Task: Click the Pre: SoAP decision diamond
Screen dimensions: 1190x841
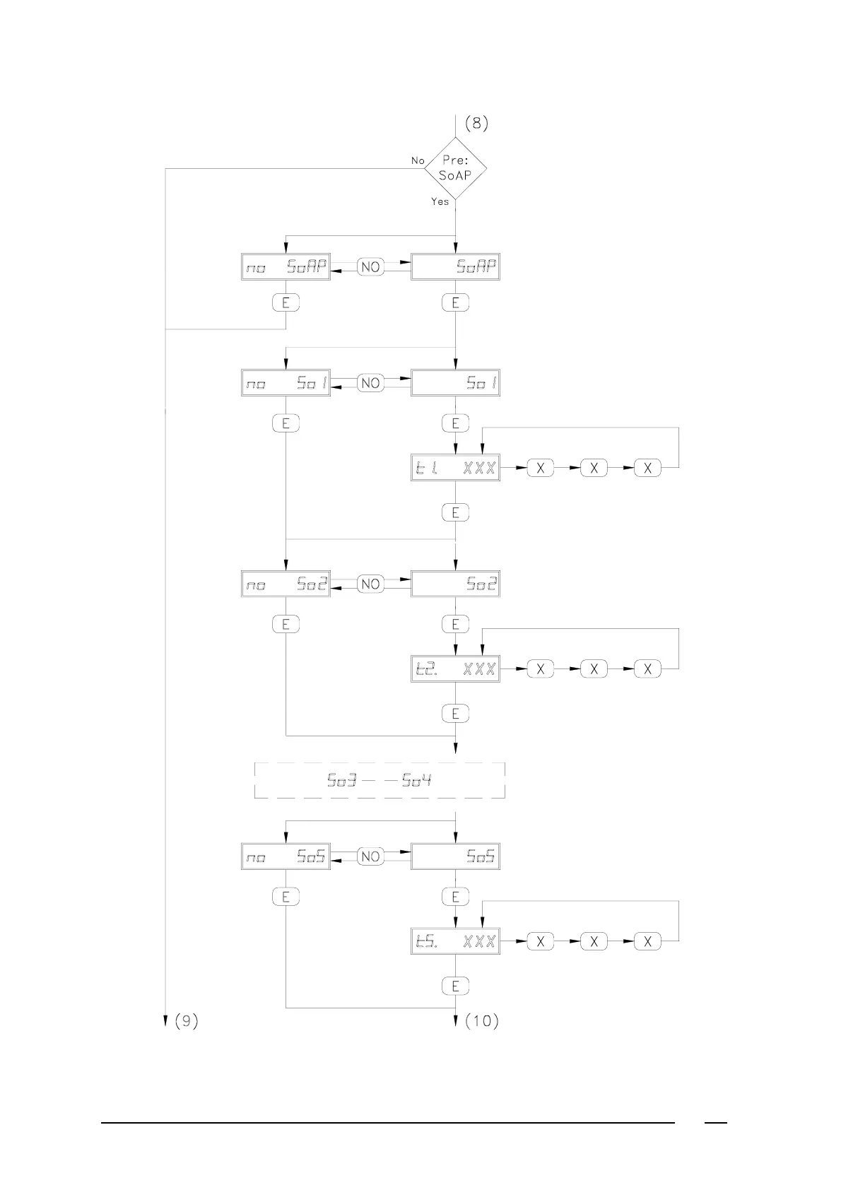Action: click(x=455, y=168)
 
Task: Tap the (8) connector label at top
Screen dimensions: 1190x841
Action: click(x=476, y=124)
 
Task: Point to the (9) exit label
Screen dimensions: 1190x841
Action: click(x=186, y=1020)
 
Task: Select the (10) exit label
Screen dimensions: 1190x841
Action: click(x=481, y=1020)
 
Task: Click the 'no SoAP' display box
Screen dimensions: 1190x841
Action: click(x=286, y=267)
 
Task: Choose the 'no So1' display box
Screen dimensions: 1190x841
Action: click(x=286, y=383)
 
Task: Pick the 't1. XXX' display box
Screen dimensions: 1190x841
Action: click(x=455, y=468)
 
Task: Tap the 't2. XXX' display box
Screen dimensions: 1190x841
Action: click(x=455, y=668)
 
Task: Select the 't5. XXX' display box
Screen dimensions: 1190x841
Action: click(x=455, y=941)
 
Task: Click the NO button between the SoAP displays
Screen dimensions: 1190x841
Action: click(x=370, y=267)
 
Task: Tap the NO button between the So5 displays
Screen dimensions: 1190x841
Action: click(x=370, y=856)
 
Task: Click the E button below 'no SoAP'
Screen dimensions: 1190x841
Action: click(x=286, y=302)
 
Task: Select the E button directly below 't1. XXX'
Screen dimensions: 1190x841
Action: click(x=455, y=512)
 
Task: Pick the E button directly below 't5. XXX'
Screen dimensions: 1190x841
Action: click(x=455, y=985)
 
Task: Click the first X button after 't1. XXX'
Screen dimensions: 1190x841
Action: click(x=540, y=468)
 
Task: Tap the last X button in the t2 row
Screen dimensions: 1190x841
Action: click(x=647, y=668)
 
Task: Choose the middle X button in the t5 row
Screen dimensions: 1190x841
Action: click(x=594, y=941)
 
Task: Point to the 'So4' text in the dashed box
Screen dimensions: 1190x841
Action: click(x=417, y=781)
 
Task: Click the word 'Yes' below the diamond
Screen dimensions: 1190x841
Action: click(x=440, y=202)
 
